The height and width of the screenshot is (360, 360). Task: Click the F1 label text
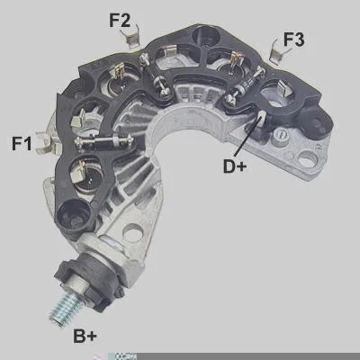(22, 143)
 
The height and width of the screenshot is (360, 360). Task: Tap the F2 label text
(120, 21)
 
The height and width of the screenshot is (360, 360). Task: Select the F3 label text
(293, 40)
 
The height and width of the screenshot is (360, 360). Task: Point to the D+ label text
(235, 166)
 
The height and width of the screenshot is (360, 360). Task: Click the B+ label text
(85, 336)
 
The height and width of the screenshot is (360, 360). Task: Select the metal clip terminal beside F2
(130, 37)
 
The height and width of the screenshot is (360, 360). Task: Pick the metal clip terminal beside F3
(276, 52)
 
